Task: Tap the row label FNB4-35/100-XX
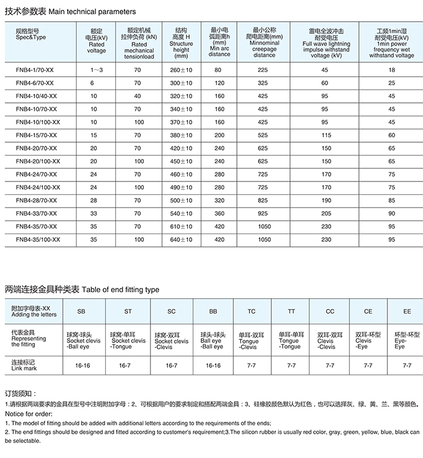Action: [x=38, y=240]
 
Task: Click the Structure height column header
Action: [x=181, y=42]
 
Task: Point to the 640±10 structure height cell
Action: [x=181, y=240]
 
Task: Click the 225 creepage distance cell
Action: [x=263, y=70]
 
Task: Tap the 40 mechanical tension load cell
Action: [x=138, y=96]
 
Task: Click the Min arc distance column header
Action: [x=219, y=42]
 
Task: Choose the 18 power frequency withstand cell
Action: [x=392, y=70]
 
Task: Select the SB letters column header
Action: [x=81, y=312]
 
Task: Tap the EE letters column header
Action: [x=407, y=312]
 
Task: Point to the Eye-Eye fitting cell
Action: [x=407, y=341]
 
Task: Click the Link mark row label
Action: [x=24, y=365]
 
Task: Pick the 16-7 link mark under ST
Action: [x=125, y=365]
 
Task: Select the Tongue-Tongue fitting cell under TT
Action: [x=291, y=341]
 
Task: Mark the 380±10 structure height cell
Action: [x=181, y=135]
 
